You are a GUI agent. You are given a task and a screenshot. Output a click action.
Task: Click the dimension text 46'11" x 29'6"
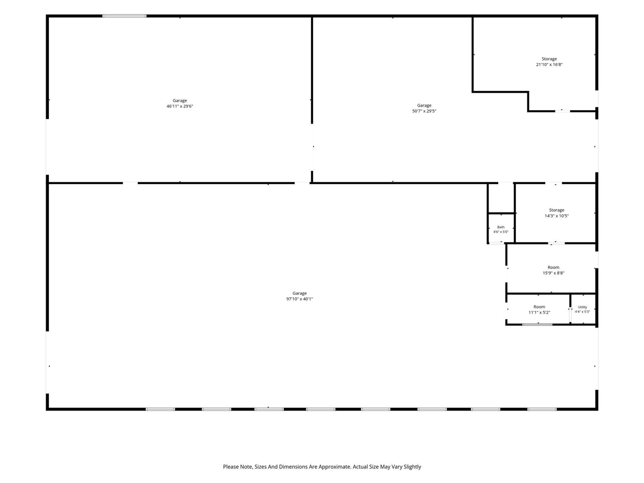click(180, 106)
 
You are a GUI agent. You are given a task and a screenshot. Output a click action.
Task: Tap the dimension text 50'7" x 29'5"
click(424, 111)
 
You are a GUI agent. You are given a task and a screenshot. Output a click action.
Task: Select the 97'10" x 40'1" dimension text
click(299, 299)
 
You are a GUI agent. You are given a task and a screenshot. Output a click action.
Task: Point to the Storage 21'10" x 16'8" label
click(549, 61)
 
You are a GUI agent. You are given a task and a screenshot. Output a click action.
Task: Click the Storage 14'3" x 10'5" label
click(556, 213)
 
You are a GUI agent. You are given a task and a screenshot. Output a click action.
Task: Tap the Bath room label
click(501, 227)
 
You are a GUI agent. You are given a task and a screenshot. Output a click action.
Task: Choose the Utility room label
click(583, 307)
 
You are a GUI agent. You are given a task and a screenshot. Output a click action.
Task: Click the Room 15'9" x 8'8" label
click(553, 270)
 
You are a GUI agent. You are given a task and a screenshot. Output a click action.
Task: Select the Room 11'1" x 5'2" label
click(539, 310)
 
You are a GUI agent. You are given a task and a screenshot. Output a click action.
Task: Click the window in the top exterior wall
click(124, 16)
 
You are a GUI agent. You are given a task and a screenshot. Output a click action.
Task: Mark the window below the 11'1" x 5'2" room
click(537, 325)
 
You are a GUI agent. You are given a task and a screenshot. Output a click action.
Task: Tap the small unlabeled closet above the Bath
click(501, 198)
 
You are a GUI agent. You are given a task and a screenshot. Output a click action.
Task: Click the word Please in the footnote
click(230, 467)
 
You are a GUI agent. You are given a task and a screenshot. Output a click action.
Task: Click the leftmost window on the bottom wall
click(160, 409)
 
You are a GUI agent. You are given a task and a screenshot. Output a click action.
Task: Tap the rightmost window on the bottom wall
click(541, 409)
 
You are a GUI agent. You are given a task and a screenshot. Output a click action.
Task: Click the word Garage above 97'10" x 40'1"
click(299, 293)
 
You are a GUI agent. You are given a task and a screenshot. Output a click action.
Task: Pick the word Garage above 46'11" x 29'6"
click(180, 101)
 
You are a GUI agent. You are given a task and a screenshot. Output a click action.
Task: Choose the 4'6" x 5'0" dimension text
click(501, 231)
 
